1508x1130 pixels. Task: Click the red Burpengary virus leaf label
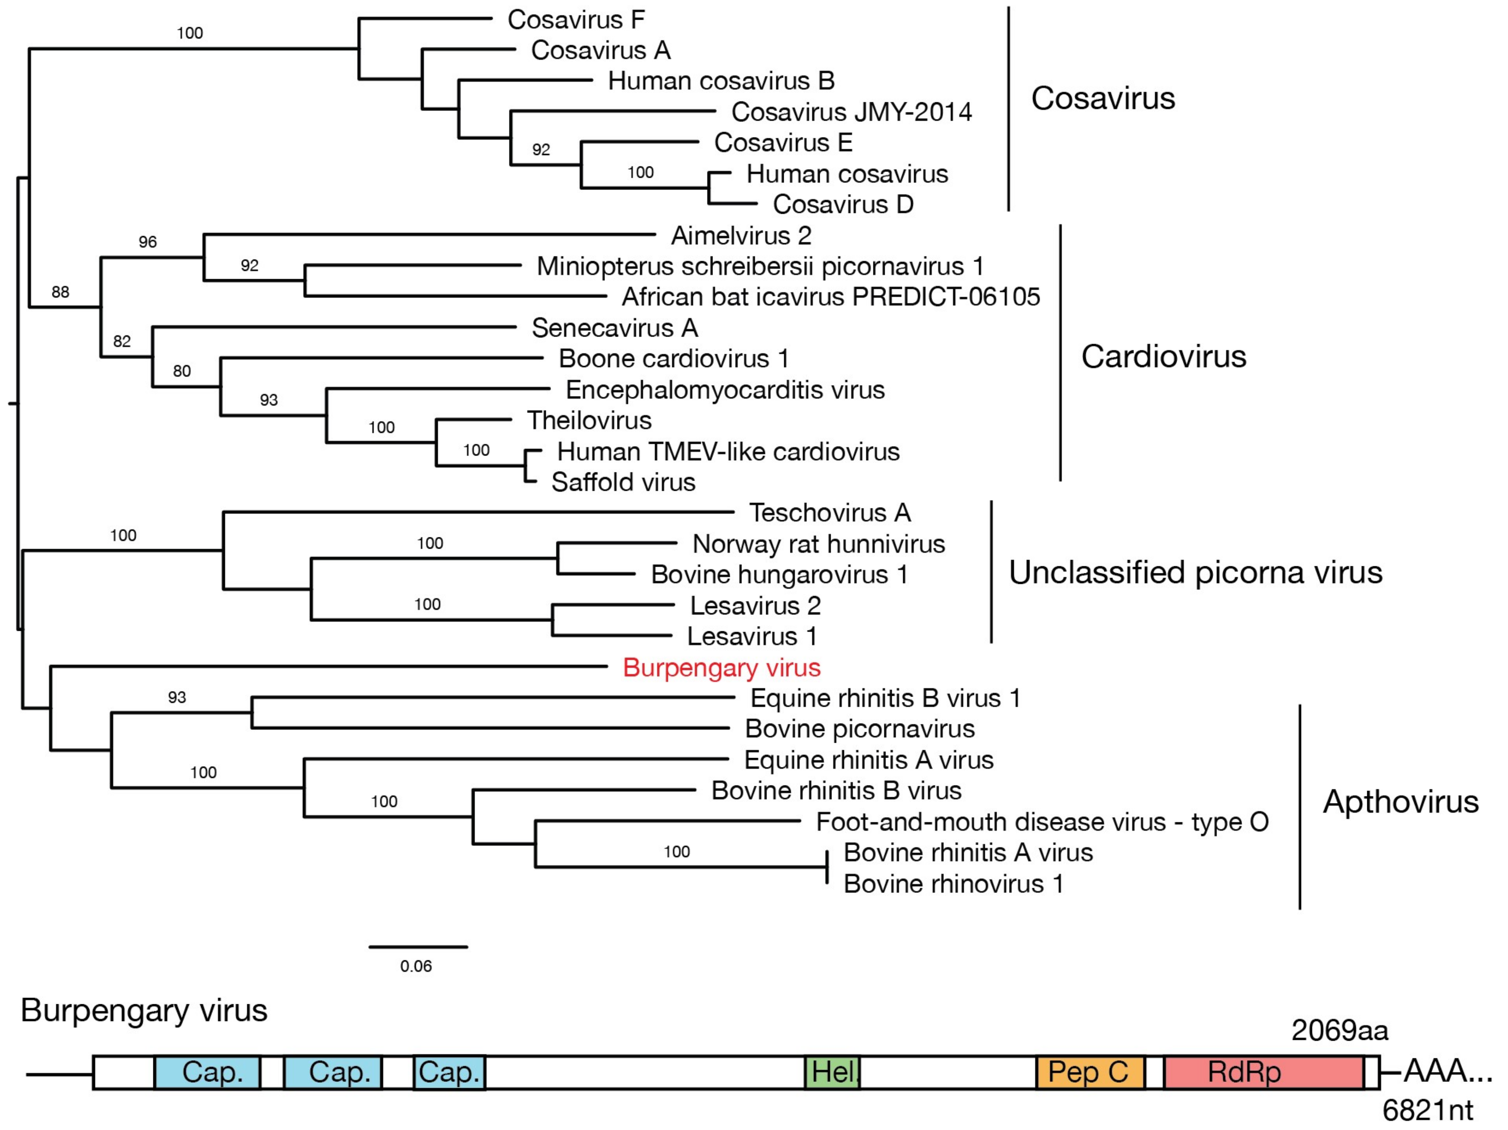click(x=721, y=668)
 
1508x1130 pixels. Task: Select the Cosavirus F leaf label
click(x=576, y=20)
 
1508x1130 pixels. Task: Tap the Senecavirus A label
click(x=614, y=328)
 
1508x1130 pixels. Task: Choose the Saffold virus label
click(x=623, y=482)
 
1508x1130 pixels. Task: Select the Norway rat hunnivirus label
click(x=818, y=544)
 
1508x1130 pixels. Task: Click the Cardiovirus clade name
click(x=1163, y=357)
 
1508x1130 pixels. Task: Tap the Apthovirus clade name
click(x=1400, y=801)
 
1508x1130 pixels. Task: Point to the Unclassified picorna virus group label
click(x=1195, y=572)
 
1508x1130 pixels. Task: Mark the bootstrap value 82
click(x=122, y=341)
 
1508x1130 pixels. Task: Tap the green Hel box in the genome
click(x=832, y=1073)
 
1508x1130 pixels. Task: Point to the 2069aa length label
click(x=1339, y=1030)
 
